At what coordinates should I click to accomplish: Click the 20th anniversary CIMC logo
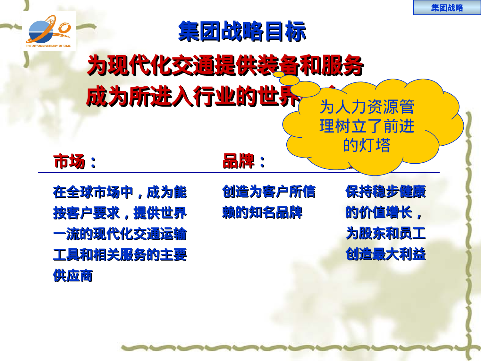(x=49, y=31)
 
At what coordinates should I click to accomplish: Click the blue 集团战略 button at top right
(x=447, y=8)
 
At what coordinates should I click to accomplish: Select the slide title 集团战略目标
(x=242, y=31)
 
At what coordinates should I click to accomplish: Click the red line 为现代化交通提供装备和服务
(x=225, y=65)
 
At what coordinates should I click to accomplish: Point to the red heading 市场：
(x=74, y=161)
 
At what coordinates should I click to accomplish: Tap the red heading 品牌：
(x=244, y=161)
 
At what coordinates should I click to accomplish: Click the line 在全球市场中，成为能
(x=120, y=192)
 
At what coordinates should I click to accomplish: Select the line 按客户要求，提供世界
(x=120, y=213)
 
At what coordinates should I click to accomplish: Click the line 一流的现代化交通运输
(x=120, y=234)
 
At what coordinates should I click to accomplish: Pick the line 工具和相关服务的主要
(x=120, y=255)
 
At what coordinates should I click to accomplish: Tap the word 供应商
(x=73, y=276)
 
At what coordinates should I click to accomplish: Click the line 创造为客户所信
(x=269, y=192)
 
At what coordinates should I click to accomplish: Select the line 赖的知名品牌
(x=262, y=212)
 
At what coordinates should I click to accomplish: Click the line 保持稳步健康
(x=386, y=192)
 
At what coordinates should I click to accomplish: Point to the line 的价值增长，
(x=384, y=212)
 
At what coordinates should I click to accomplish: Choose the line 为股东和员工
(x=386, y=233)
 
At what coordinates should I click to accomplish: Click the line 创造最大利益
(x=386, y=254)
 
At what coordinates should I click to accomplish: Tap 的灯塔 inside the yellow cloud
(x=367, y=145)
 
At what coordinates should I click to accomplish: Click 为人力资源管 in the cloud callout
(x=367, y=107)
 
